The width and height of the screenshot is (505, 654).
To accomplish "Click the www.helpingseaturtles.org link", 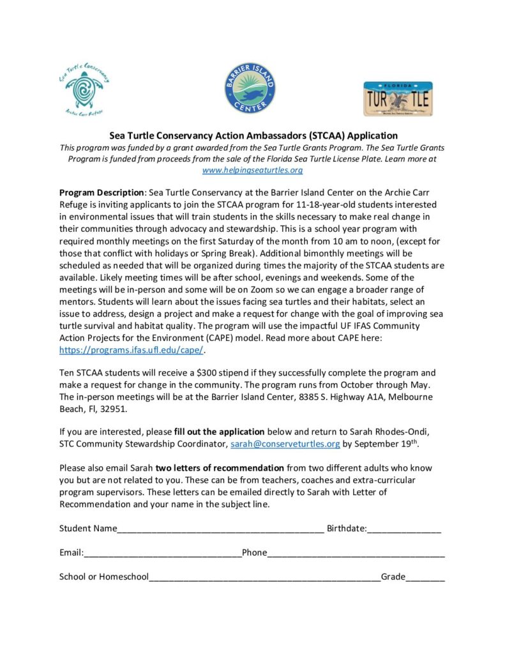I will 252,170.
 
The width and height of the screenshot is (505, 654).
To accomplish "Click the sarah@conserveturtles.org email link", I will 285,443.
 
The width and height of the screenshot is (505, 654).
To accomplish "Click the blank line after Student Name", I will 220,529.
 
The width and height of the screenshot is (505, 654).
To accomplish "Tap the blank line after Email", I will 162,553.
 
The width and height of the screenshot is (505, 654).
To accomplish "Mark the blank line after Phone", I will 356,553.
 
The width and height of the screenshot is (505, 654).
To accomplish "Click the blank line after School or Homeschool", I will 264,577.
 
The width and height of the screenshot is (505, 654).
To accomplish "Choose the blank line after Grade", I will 425,577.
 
